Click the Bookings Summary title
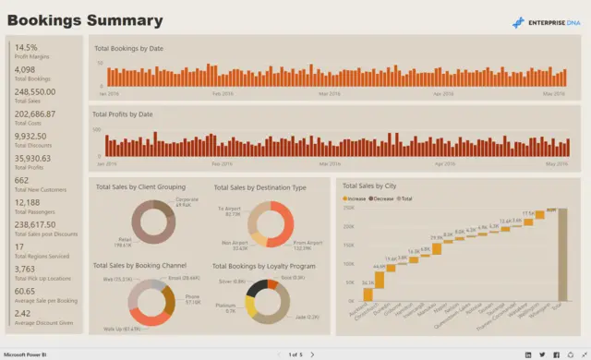pos(85,20)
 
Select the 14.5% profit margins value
pos(27,47)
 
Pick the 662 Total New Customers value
pos(22,180)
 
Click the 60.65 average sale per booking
pos(26,291)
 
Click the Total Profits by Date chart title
pos(124,114)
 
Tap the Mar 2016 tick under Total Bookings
pos(330,93)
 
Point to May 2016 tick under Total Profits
pos(556,163)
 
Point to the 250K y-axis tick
pos(349,208)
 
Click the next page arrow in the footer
pos(312,354)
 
